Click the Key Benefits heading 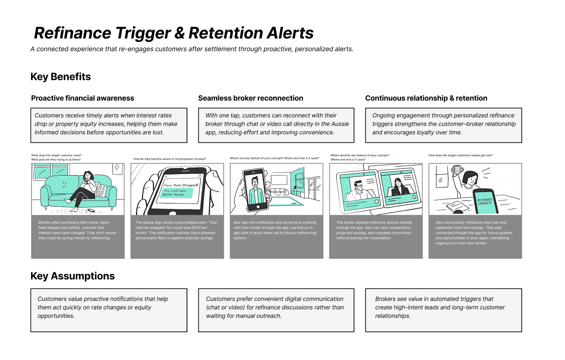coord(61,77)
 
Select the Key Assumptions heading coord(73,276)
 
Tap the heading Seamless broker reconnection coord(250,98)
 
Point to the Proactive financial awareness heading coord(82,98)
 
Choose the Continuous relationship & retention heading coord(426,98)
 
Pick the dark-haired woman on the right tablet coord(399,184)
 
